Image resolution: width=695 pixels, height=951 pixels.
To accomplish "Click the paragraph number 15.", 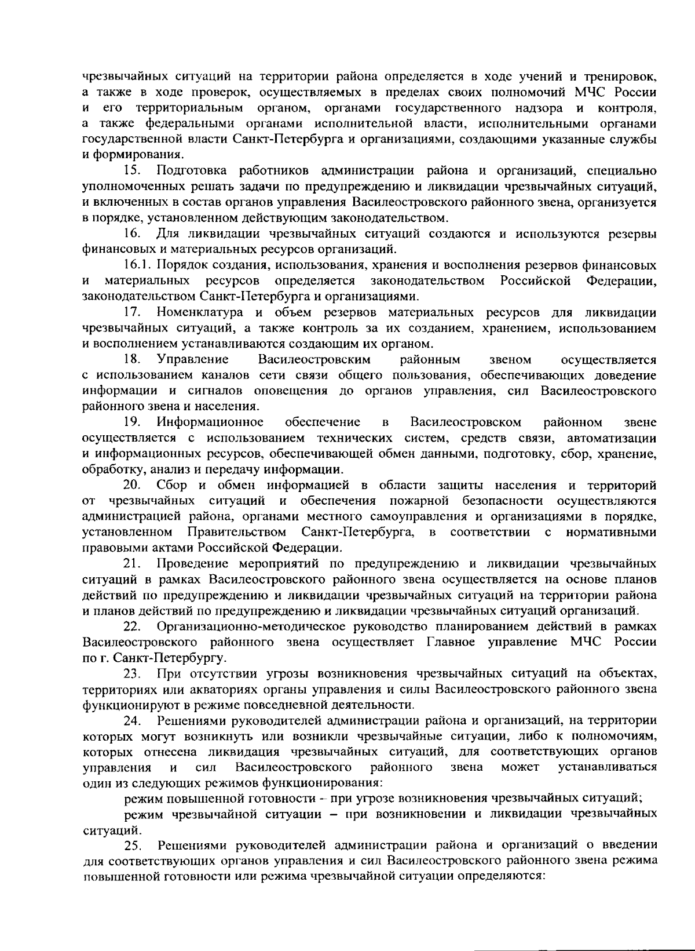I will [133, 172].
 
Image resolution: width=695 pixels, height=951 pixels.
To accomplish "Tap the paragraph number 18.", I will [133, 360].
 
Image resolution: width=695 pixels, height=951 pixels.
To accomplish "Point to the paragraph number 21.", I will [133, 564].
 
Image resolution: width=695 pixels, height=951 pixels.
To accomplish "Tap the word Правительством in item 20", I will [237, 533].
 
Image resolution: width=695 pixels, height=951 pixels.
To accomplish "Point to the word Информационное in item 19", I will [214, 422].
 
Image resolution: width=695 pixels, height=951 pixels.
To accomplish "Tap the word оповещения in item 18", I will [291, 391].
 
